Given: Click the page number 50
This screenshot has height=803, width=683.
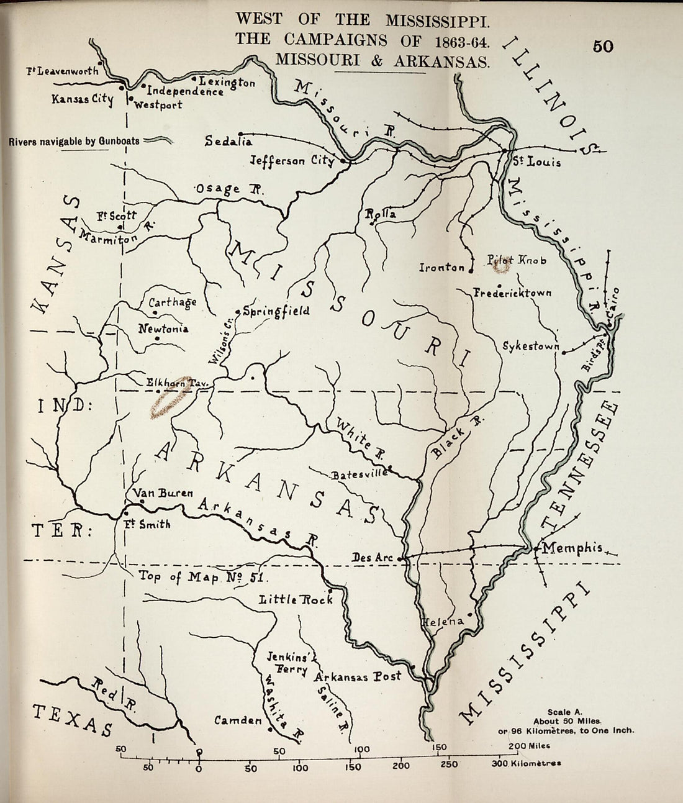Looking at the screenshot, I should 602,47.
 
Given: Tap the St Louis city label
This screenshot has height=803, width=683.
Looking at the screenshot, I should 536,162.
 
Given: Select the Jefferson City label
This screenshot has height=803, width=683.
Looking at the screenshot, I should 292,160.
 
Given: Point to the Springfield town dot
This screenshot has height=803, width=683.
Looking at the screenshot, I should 238,311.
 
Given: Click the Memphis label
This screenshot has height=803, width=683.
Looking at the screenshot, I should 572,548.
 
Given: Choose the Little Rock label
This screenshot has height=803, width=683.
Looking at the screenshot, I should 296,599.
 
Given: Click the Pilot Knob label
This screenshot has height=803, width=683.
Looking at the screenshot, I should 517,260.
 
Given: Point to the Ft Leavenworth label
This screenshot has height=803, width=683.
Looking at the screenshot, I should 62,71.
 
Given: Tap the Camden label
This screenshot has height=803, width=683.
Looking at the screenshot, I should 238,720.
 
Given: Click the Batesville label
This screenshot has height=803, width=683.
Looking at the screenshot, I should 360,474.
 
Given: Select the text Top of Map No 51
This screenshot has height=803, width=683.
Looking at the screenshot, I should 202,577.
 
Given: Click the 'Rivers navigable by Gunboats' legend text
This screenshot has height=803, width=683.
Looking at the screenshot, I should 75,142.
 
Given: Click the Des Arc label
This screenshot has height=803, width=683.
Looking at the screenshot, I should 373,558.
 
